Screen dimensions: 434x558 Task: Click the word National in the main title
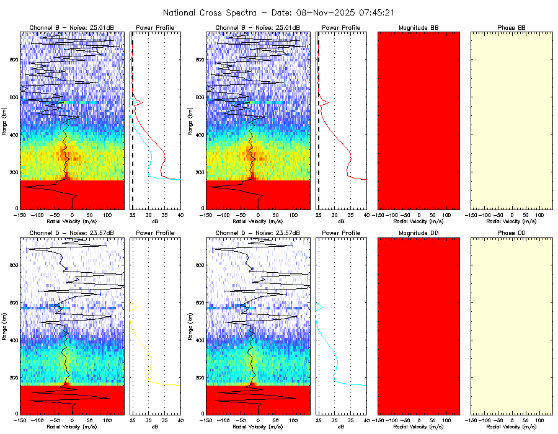pos(180,12)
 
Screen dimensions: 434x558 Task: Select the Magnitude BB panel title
pos(418,28)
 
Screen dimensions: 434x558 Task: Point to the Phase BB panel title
pos(511,28)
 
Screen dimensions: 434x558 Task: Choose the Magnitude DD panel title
pos(418,232)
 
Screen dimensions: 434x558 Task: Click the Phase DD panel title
pos(511,232)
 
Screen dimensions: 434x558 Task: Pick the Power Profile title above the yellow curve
pos(155,232)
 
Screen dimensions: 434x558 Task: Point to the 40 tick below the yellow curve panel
pos(180,420)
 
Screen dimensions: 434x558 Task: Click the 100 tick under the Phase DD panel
pos(538,420)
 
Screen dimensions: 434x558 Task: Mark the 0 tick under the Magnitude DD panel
pos(419,420)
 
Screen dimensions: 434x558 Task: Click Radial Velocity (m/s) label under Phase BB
pos(511,221)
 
